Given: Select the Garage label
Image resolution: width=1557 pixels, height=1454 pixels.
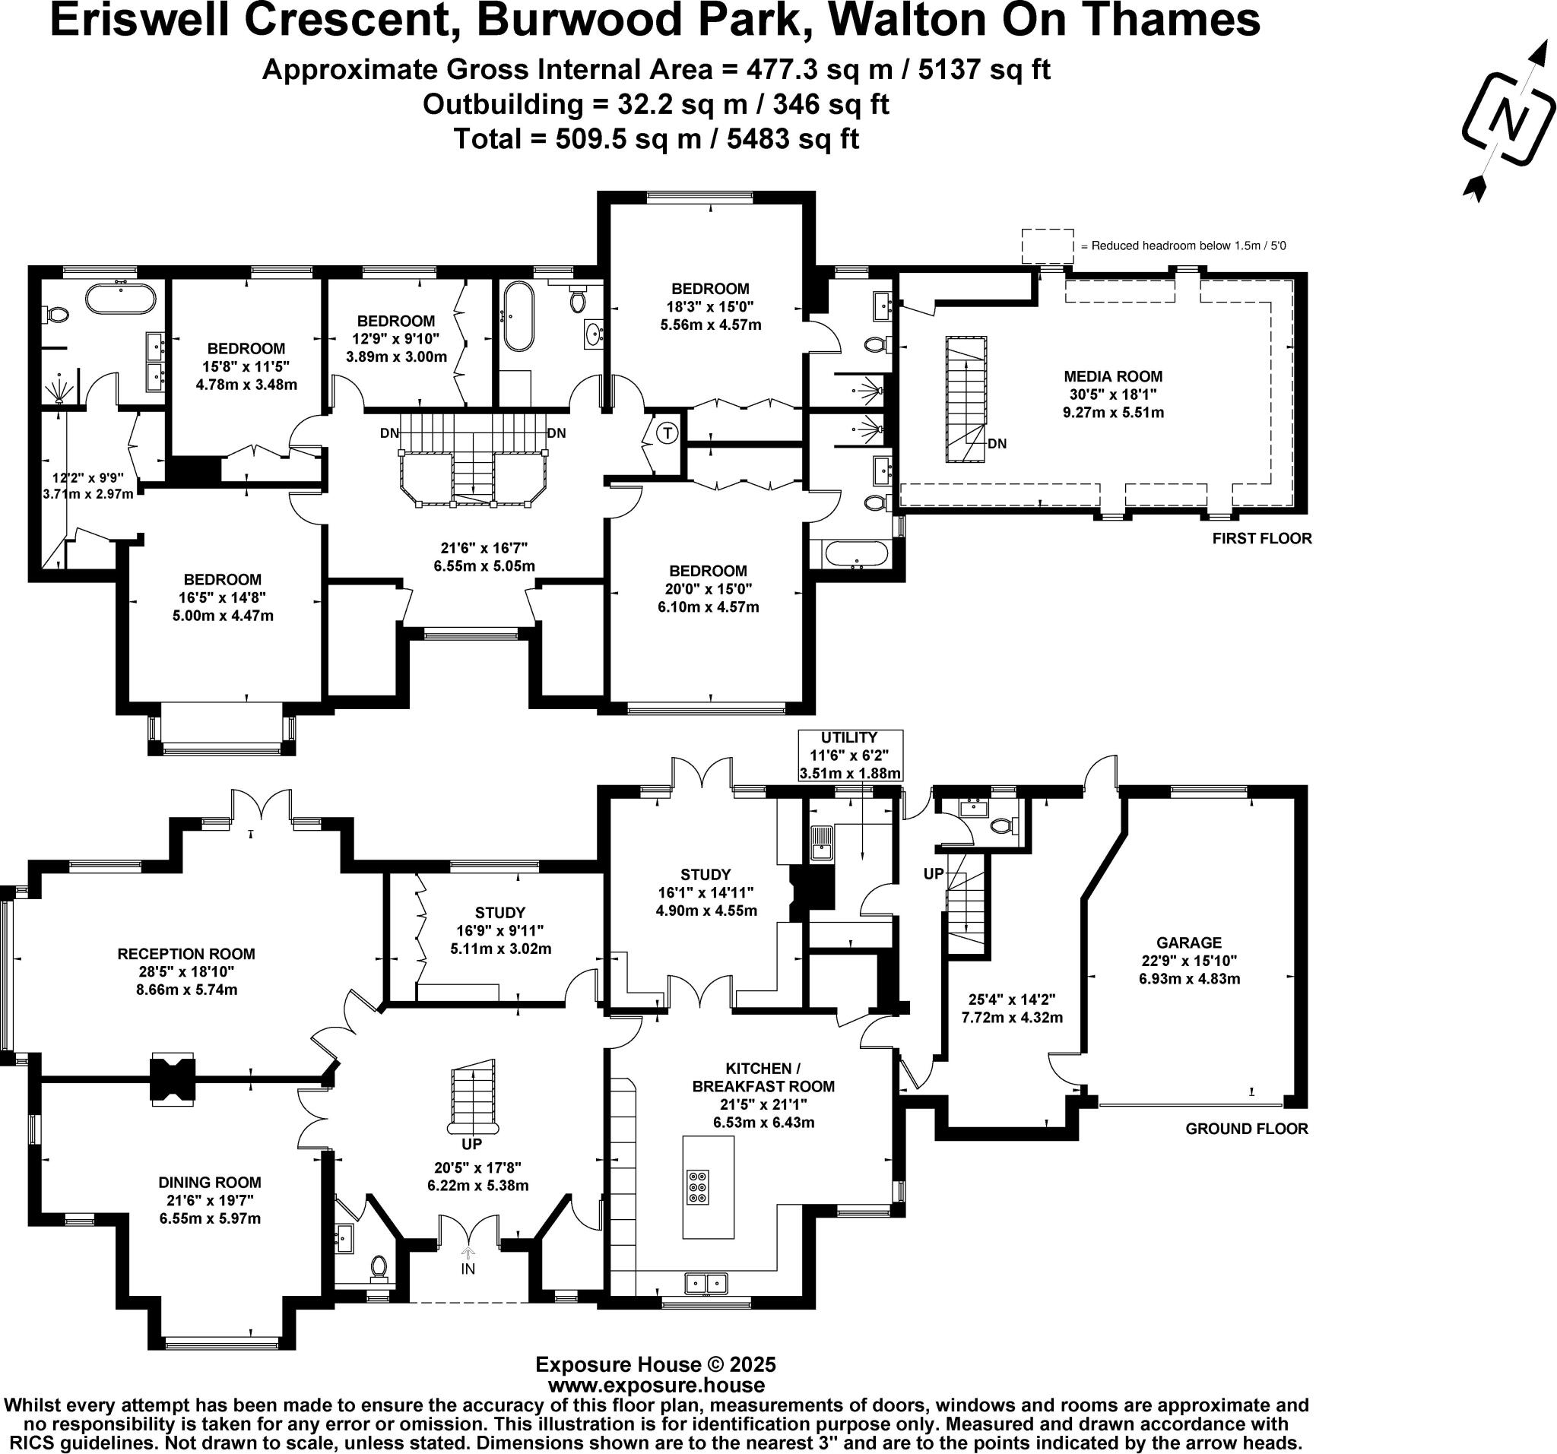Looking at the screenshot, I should [1189, 942].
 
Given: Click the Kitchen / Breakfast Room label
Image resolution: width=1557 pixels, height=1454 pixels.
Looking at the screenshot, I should [763, 1077].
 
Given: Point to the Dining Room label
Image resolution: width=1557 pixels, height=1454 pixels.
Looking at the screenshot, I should [209, 1183].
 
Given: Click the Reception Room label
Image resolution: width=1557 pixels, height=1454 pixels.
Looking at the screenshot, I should [186, 954].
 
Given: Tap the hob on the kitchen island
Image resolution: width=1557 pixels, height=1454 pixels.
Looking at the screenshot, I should [697, 1186].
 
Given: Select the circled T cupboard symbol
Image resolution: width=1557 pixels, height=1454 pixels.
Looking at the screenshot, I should [668, 432].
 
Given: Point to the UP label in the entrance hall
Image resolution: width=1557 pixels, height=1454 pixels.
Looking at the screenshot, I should [471, 1144].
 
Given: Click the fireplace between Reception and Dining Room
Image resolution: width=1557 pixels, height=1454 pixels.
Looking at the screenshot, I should [173, 1080].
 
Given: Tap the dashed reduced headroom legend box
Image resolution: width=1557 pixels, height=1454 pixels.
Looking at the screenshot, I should [1046, 246].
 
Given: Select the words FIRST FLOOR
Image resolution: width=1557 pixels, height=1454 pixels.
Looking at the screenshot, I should [1261, 538].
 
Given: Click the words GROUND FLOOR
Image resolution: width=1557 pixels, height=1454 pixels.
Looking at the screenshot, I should [1246, 1128].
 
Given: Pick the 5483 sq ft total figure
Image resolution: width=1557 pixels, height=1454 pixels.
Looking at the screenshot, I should [793, 138].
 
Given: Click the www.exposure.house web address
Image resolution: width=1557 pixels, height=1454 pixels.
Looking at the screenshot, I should [655, 1386].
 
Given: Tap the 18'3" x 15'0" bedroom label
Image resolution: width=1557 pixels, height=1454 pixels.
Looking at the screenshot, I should [709, 306].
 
